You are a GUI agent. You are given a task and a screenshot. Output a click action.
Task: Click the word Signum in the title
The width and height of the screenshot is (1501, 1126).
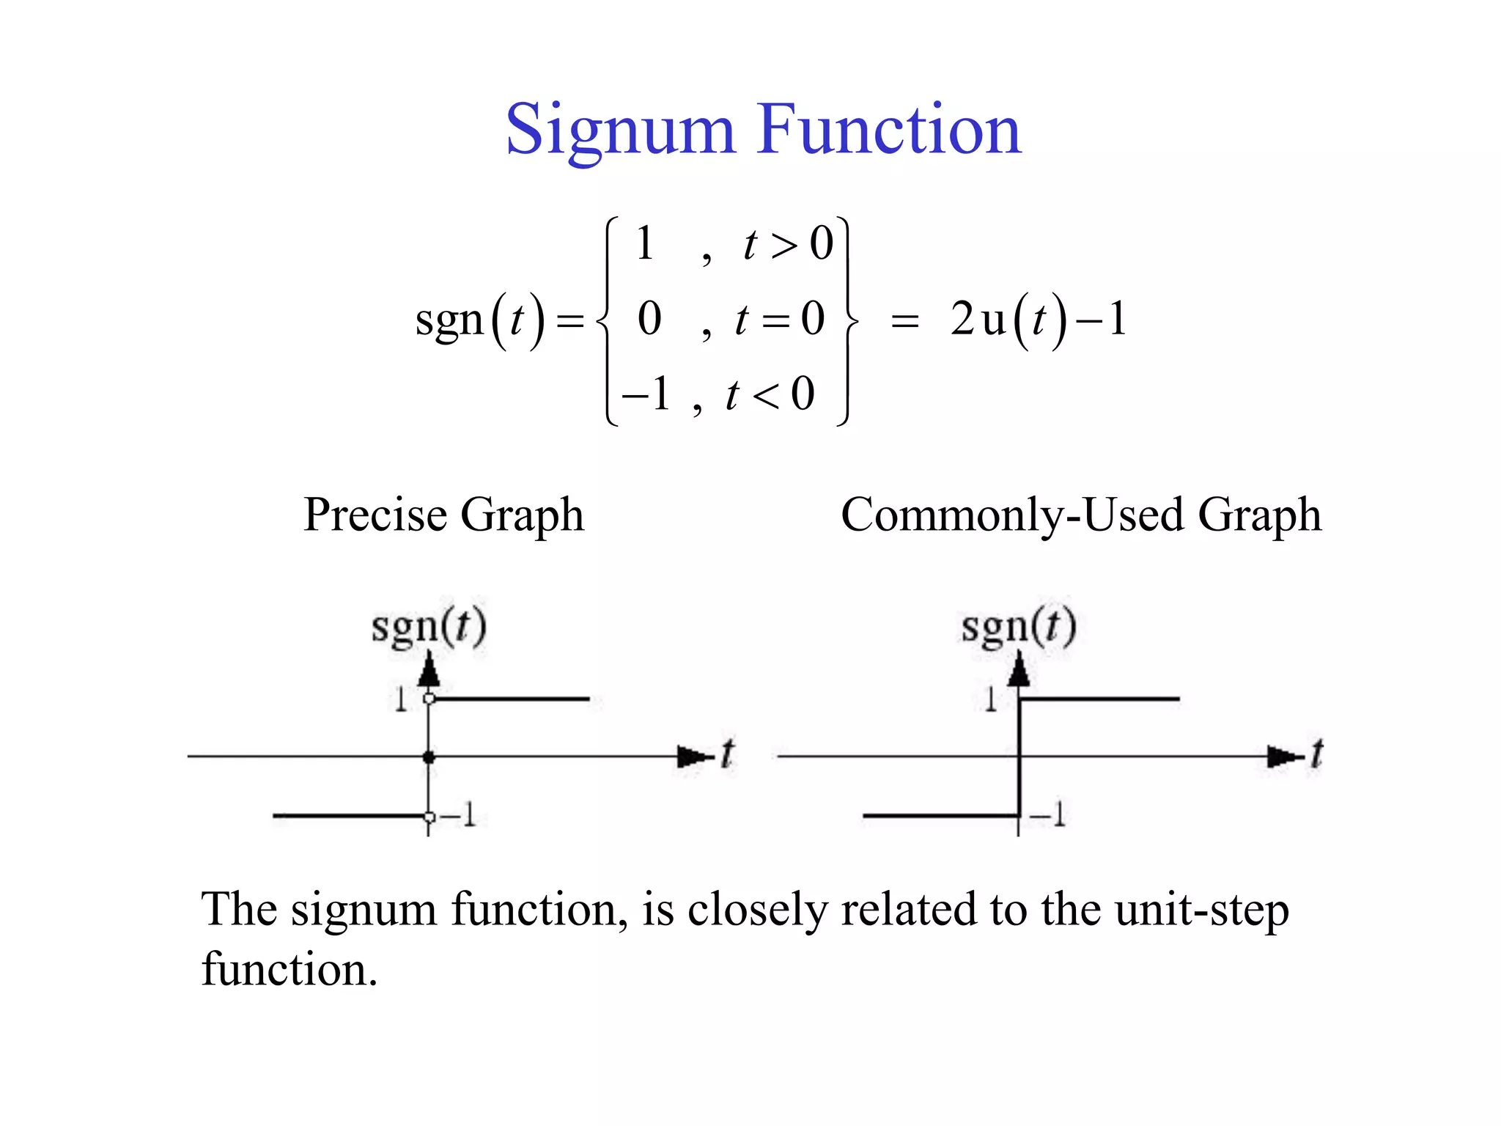click(620, 130)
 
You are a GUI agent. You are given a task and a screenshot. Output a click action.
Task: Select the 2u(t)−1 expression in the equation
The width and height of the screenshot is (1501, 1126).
click(1038, 320)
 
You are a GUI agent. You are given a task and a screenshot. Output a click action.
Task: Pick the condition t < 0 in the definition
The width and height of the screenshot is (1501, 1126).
click(770, 394)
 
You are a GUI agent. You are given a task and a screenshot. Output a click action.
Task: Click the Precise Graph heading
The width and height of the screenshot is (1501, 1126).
click(443, 515)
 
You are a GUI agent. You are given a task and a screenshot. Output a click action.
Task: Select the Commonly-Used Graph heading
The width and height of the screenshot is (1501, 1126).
click(1081, 515)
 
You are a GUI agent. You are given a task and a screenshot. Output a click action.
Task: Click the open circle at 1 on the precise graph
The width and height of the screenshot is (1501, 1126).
click(429, 699)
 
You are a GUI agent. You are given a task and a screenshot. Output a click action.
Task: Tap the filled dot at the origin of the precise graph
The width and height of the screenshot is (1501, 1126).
click(429, 757)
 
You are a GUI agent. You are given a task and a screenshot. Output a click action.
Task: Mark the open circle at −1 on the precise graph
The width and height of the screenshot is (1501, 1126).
click(429, 817)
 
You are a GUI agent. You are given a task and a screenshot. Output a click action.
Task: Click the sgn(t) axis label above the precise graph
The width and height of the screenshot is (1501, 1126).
click(429, 628)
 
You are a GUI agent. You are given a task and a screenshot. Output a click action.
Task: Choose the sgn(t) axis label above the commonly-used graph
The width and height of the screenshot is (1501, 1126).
click(1019, 628)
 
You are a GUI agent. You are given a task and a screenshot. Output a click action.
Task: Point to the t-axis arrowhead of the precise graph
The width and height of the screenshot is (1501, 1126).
click(693, 757)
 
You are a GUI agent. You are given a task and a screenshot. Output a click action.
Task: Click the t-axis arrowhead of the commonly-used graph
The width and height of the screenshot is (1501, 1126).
click(1283, 757)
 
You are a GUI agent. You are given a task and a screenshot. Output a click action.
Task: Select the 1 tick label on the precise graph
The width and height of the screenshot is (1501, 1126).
click(400, 700)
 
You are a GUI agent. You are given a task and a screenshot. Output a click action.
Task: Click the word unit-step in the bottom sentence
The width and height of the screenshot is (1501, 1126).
click(1202, 910)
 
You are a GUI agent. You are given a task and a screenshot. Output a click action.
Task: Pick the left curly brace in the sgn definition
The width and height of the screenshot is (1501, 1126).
click(605, 320)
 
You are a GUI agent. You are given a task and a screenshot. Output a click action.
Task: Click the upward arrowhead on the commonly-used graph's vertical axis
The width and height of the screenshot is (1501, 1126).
click(1019, 669)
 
